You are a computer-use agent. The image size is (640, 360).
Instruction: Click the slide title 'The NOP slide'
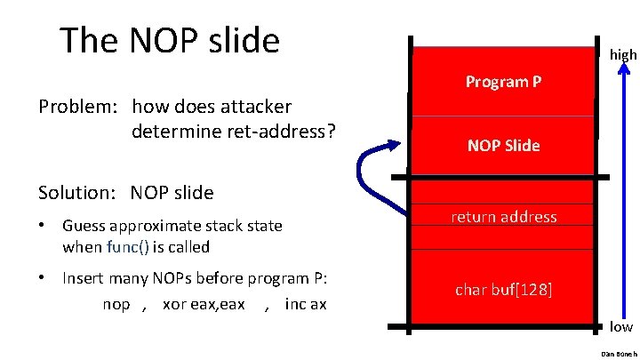(169, 41)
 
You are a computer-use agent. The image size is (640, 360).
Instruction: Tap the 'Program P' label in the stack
(504, 82)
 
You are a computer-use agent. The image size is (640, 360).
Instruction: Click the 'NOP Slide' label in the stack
(504, 146)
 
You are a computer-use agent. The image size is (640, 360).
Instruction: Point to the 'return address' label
(504, 217)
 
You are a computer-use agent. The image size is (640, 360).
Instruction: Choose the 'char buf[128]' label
(504, 290)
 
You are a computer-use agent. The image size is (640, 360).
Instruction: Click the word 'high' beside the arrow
(623, 55)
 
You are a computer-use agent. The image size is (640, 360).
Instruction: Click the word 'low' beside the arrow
(621, 326)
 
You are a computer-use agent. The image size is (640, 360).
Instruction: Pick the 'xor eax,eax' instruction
(204, 304)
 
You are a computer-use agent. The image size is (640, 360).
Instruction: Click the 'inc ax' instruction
(306, 304)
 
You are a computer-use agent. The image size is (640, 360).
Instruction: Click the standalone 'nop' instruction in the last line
(116, 304)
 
